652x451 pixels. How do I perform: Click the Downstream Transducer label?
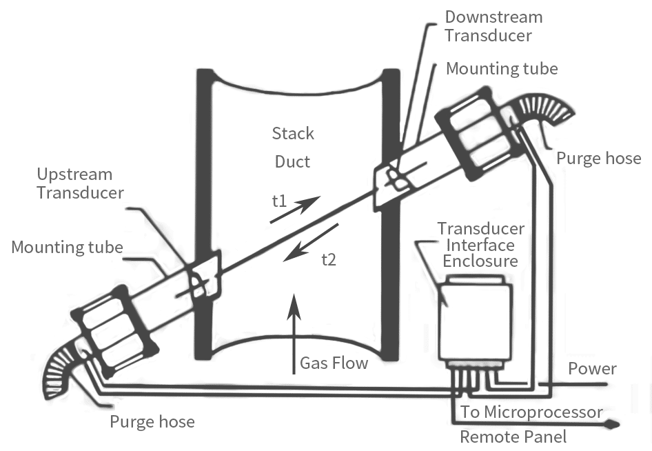click(493, 26)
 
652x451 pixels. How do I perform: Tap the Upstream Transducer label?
click(80, 183)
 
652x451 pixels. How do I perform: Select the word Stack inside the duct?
click(293, 134)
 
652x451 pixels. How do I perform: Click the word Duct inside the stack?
click(292, 161)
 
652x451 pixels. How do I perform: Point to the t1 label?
click(279, 201)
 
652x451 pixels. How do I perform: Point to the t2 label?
click(329, 259)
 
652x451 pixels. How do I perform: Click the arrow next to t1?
click(295, 209)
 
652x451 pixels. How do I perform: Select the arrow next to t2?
click(311, 243)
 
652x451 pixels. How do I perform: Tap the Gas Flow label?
click(334, 363)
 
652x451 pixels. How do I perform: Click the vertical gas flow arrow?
click(294, 334)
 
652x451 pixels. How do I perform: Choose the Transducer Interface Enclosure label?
click(480, 245)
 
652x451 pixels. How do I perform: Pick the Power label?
click(592, 369)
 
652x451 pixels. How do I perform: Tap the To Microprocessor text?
click(531, 412)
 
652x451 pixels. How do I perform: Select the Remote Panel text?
click(513, 437)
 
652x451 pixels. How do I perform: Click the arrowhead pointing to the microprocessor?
click(612, 425)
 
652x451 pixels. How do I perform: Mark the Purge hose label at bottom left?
click(152, 422)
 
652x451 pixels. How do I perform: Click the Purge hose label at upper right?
click(599, 159)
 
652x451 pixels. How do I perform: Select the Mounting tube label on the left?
click(67, 247)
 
